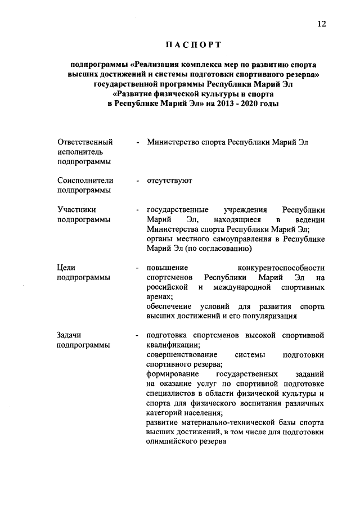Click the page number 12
[321, 23]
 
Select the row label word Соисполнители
[85, 181]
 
